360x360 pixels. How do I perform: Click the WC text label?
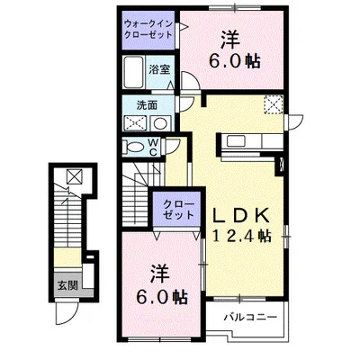[x=153, y=146]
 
